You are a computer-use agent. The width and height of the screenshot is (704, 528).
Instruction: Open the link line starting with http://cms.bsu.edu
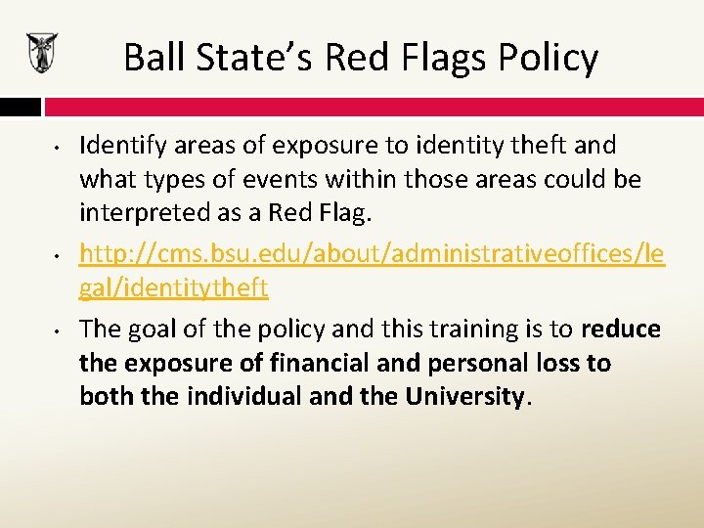pos(372,254)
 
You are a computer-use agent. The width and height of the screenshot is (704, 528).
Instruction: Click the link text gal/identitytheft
pos(173,288)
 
